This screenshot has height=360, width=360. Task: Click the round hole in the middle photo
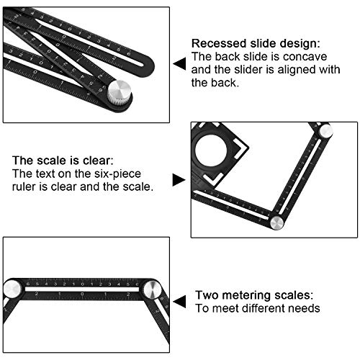pos(212,151)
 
